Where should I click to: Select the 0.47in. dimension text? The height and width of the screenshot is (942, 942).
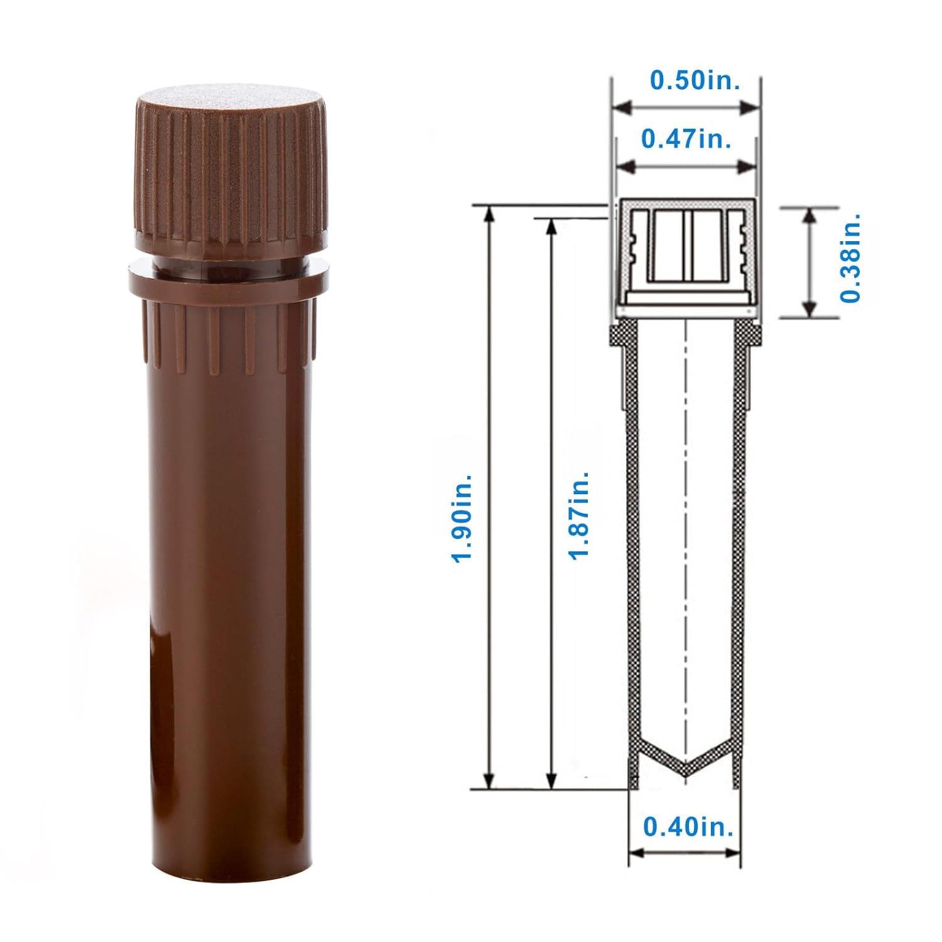[x=686, y=138]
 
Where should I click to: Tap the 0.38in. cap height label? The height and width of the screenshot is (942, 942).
[x=851, y=257]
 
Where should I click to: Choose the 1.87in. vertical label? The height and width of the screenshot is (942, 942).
[x=578, y=513]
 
